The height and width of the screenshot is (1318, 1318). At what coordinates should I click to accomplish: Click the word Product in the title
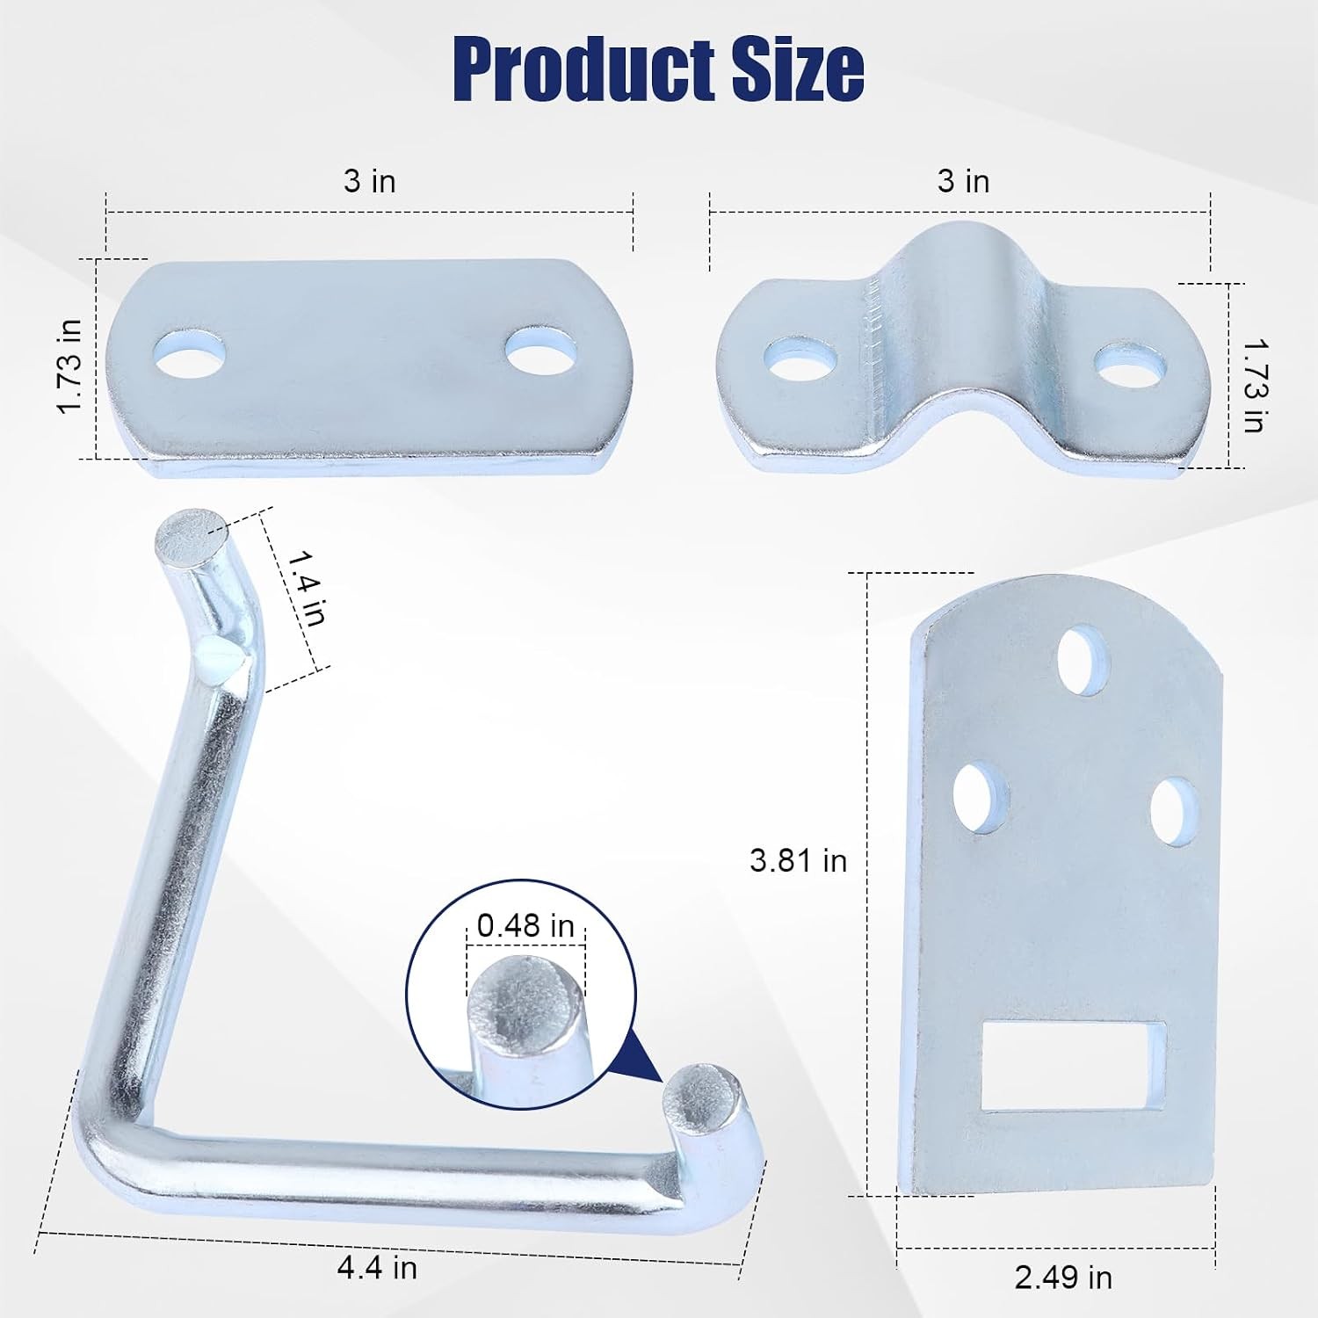point(586,70)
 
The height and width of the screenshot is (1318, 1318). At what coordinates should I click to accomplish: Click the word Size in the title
point(798,70)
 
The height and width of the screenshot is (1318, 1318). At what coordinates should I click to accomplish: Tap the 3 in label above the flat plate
point(369,181)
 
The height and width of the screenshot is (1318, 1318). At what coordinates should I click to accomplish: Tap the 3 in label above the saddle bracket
point(963,181)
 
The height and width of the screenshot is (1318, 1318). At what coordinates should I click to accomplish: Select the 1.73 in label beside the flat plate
point(69,366)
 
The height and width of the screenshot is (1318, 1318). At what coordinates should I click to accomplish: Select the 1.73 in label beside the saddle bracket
point(1253,384)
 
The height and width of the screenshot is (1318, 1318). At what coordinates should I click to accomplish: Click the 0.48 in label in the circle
point(525,925)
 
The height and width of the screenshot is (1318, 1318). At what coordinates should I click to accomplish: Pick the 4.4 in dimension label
point(377,1267)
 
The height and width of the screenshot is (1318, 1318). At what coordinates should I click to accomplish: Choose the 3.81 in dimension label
point(798,860)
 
